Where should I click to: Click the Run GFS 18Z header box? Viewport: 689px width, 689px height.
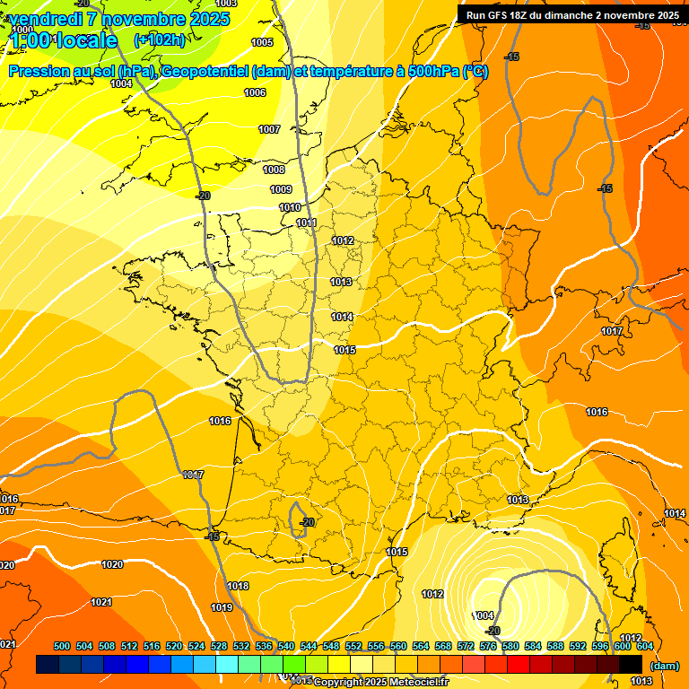[572, 14]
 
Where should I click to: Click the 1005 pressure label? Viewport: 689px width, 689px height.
[262, 42]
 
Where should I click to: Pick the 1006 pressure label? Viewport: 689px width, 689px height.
[255, 92]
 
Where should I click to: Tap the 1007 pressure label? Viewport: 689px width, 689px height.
[269, 129]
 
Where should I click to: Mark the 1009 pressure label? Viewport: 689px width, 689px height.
[281, 189]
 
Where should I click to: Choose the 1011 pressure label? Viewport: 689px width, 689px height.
[307, 222]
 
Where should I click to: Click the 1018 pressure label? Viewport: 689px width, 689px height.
[238, 586]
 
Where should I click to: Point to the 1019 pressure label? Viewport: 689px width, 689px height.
[222, 607]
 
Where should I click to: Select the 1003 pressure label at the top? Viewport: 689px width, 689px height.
[226, 4]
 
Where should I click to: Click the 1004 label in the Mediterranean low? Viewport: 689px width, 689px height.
[484, 615]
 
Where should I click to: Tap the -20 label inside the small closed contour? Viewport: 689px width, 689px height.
[308, 521]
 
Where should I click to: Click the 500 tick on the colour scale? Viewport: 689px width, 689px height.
[62, 646]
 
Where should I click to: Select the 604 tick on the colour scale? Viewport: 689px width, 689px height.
[644, 646]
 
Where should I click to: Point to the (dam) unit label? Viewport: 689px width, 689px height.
[664, 665]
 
